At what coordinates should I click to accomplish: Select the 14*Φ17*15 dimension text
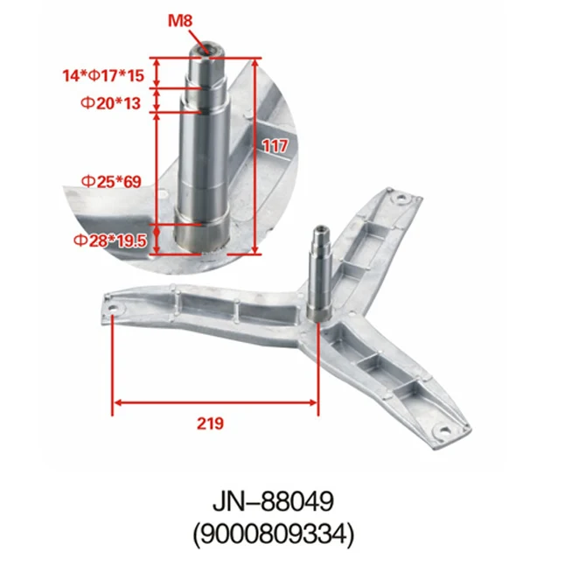102,76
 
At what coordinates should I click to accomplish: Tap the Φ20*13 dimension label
111,102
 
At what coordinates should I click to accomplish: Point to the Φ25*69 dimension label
111,181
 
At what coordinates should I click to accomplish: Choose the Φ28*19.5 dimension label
109,239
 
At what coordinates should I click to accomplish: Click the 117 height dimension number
275,148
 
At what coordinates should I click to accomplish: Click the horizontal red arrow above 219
215,402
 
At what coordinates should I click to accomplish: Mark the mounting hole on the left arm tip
114,307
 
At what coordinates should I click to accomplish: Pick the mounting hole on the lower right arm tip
442,430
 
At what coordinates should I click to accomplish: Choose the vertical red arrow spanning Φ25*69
157,166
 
